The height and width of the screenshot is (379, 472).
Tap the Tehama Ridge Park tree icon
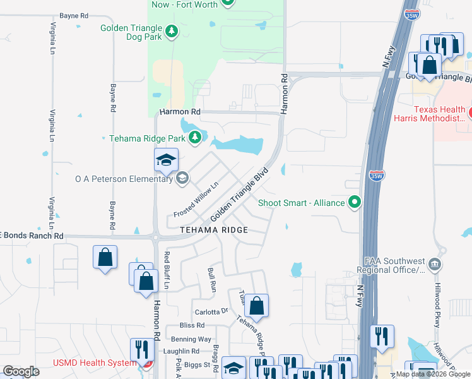(195, 137)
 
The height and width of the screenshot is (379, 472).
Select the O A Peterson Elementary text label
(124, 179)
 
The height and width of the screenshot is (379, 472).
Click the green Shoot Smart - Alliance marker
(355, 203)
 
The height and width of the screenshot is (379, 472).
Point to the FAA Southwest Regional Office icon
(435, 264)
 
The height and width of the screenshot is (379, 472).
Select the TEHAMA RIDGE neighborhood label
(213, 230)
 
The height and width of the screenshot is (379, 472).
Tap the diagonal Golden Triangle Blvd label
(240, 194)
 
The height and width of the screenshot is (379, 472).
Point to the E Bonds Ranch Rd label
(32, 236)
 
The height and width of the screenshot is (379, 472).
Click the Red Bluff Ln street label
(167, 270)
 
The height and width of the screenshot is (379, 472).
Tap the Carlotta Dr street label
(211, 311)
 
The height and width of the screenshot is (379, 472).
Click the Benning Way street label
(196, 339)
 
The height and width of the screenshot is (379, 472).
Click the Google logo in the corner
(21, 371)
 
